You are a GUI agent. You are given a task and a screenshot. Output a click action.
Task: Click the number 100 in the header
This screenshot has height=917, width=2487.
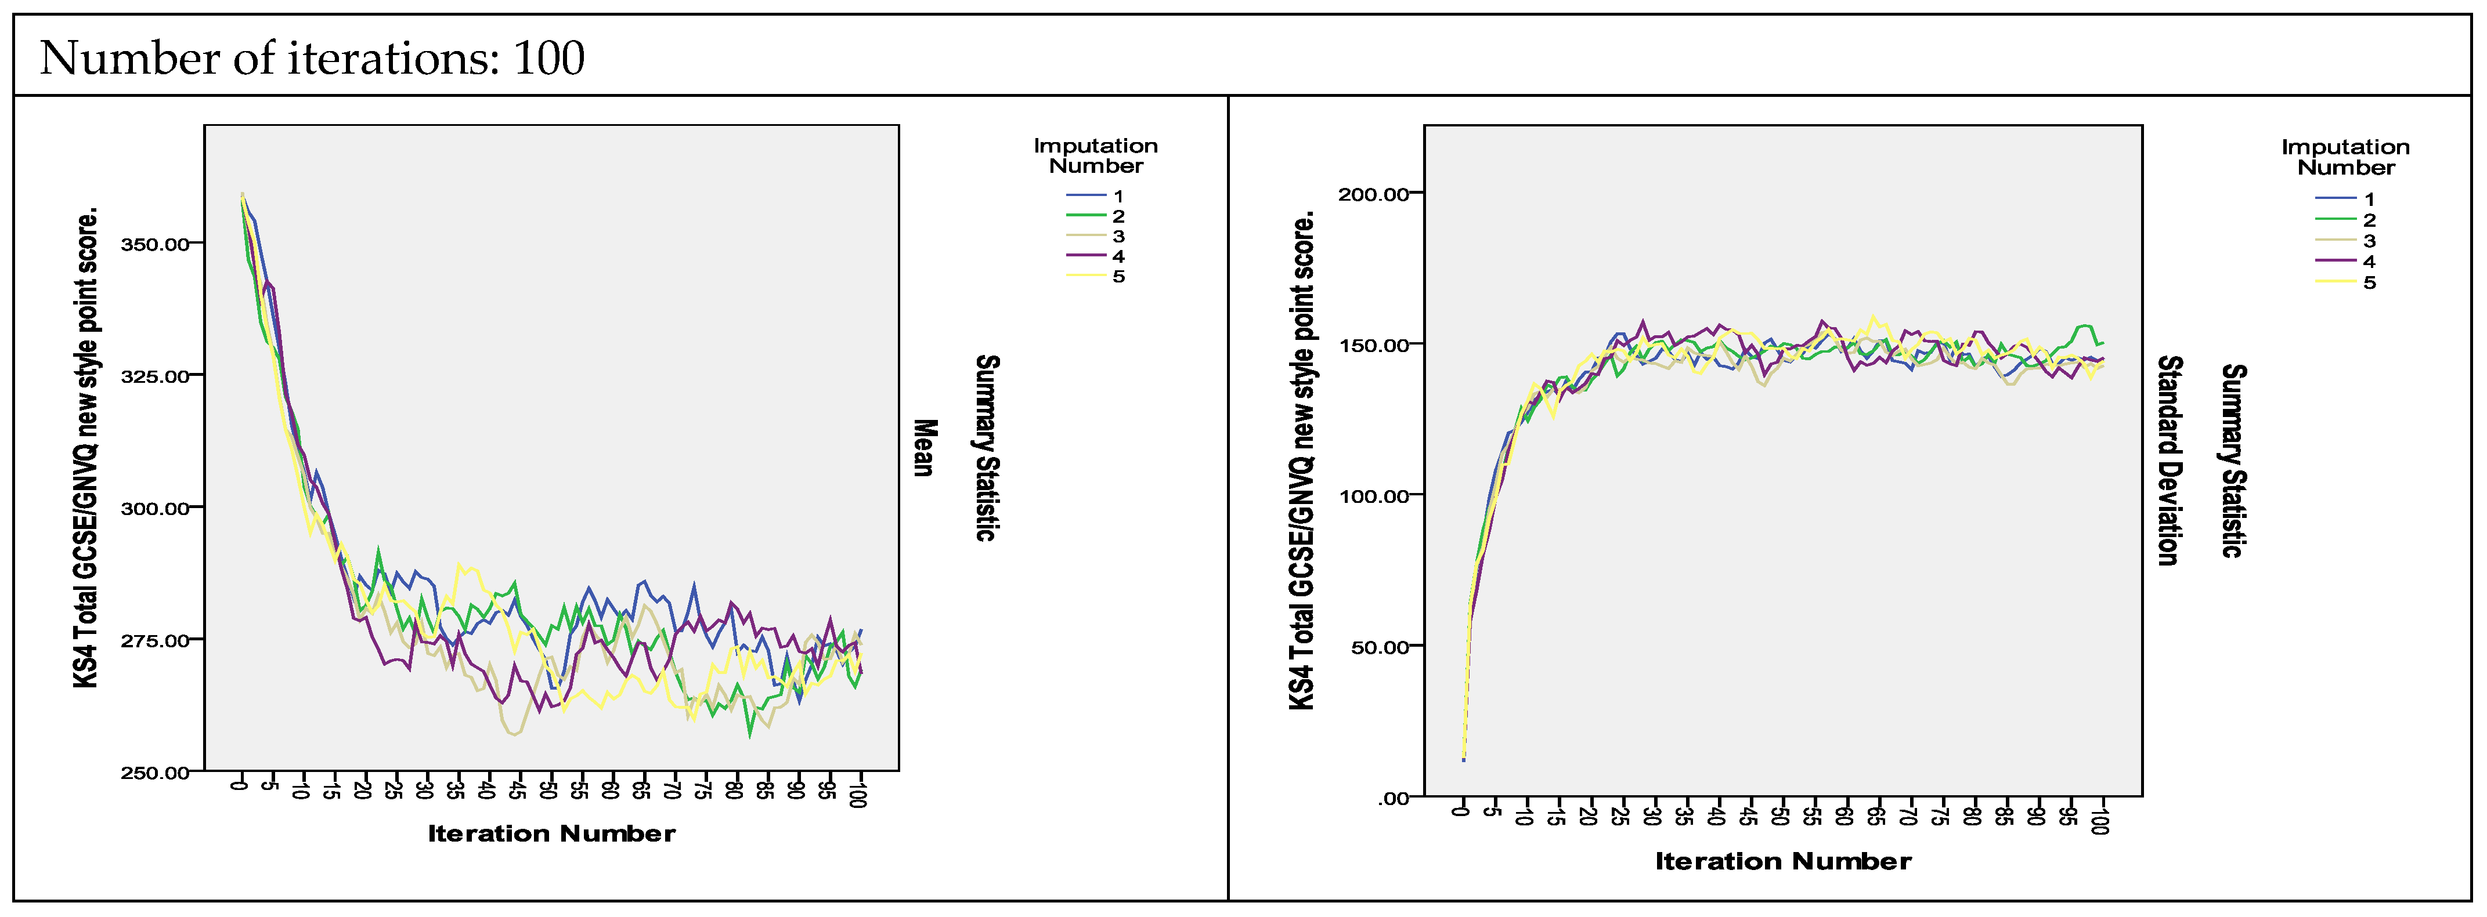pyautogui.click(x=548, y=59)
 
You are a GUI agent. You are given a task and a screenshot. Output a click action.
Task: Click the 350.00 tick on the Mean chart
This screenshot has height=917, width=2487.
pyautogui.click(x=154, y=244)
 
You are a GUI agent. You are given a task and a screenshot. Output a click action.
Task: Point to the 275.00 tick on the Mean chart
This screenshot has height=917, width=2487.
pyautogui.click(x=154, y=641)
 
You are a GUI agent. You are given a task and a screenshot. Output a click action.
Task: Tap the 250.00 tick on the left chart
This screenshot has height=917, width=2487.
pyautogui.click(x=154, y=773)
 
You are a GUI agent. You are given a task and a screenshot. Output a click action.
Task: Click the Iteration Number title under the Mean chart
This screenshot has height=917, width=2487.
pyautogui.click(x=551, y=834)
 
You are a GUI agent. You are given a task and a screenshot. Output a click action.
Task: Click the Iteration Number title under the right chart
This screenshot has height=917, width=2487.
pyautogui.click(x=1782, y=862)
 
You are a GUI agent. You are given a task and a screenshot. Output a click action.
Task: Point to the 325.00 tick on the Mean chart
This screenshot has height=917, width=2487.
pyautogui.click(x=154, y=376)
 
